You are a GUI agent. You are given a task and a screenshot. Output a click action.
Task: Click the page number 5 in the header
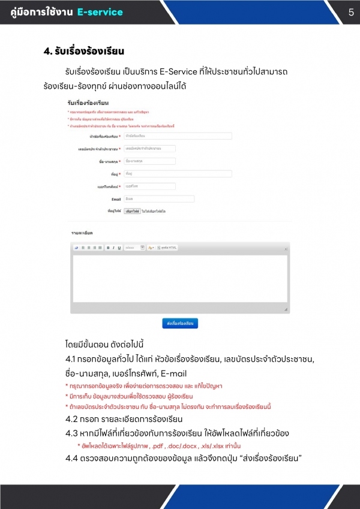(351, 12)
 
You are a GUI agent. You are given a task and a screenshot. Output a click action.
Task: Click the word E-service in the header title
(100, 12)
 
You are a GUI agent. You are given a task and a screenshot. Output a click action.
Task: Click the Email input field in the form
(159, 198)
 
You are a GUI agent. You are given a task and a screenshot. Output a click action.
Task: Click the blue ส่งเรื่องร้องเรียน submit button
(180, 323)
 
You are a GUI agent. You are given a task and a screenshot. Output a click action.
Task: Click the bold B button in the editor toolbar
(108, 247)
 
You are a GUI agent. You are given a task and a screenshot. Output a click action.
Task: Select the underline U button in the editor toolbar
(119, 247)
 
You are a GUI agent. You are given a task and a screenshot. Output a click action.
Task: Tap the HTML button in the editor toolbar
(168, 247)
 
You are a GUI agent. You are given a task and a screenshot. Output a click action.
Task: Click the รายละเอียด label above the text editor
(82, 232)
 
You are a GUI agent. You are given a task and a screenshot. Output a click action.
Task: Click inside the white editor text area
(180, 279)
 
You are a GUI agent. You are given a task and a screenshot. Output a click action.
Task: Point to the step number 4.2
(74, 418)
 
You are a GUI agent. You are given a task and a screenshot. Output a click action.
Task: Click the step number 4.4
(74, 459)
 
